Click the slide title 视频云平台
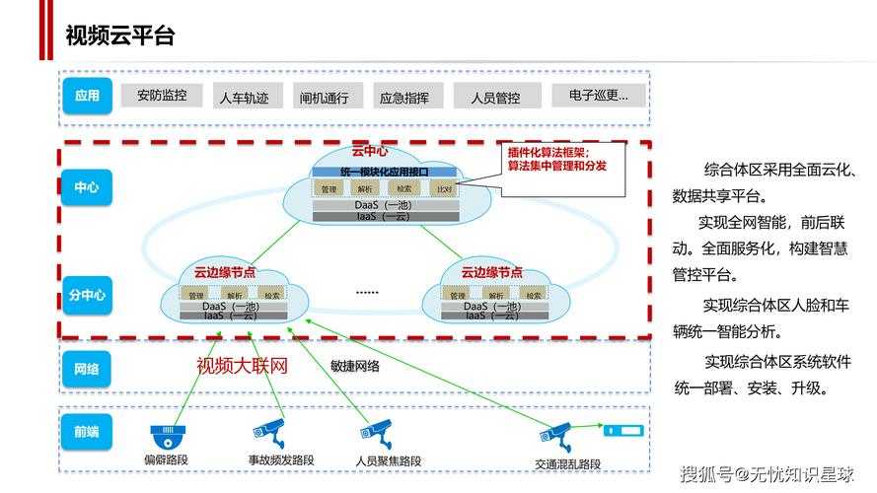coord(119,36)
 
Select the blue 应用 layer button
coord(87,96)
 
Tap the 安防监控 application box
coord(161,96)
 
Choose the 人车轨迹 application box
coord(244,97)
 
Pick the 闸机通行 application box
coord(325,97)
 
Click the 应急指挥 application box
coord(404,97)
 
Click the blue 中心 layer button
coord(87,186)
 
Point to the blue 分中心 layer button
coord(87,294)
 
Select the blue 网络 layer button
coord(87,369)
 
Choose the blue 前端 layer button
coord(87,430)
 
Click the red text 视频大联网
coord(242,367)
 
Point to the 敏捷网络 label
coord(355,366)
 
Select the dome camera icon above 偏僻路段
coord(168,435)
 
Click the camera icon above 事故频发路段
coord(268,431)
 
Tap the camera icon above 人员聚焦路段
coord(376,431)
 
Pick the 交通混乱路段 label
coord(568,464)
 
